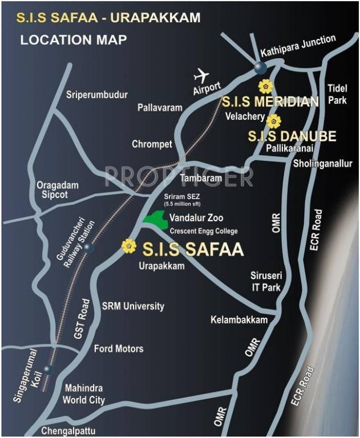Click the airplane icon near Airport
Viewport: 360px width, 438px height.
click(201, 75)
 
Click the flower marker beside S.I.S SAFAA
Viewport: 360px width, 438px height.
click(129, 246)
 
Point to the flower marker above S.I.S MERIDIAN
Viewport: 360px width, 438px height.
click(264, 87)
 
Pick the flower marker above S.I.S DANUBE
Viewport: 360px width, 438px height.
click(274, 121)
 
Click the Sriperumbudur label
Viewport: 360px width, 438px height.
click(97, 95)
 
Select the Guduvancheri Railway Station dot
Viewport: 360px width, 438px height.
click(87, 248)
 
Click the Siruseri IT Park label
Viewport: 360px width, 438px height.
click(266, 281)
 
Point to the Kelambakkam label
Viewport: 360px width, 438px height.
click(239, 320)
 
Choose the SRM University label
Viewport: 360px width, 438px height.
click(132, 306)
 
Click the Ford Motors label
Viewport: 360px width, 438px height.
click(119, 348)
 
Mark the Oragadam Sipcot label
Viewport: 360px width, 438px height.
click(57, 190)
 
